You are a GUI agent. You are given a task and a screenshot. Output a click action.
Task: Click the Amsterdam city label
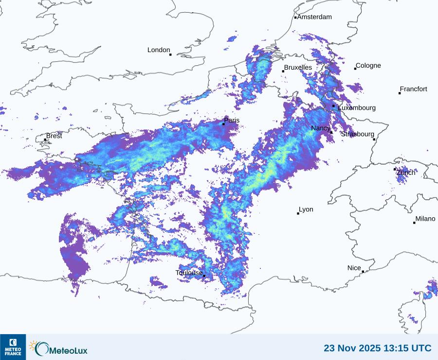point(314,17)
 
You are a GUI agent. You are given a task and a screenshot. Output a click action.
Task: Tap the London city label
point(159,50)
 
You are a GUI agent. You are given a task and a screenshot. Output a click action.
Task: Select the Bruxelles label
point(298,68)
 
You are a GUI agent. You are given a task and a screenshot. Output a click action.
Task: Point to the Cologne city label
point(368,66)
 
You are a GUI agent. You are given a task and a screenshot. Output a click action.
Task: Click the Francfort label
point(414,89)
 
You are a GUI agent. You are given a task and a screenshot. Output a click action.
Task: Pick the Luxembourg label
point(357,108)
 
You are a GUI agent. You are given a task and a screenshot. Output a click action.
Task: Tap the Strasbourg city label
point(358,134)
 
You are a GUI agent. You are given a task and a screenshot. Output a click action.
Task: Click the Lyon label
point(306,209)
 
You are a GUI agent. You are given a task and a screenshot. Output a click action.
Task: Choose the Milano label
point(425,219)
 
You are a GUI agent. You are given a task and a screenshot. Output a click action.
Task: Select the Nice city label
point(354,268)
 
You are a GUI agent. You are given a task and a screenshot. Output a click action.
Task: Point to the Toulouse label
point(189,273)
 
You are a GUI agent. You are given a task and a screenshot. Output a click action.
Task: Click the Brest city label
point(54,136)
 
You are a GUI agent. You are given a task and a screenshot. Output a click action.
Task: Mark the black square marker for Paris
point(223,124)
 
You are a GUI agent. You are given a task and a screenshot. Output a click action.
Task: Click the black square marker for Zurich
point(395,169)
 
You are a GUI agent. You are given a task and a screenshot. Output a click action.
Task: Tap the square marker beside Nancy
point(331,132)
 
